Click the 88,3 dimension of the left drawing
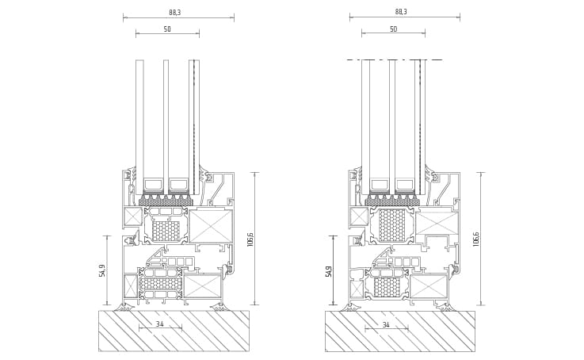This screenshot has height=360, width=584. [x=174, y=13]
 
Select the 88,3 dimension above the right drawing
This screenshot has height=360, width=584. [x=401, y=12]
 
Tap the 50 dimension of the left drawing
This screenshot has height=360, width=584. [x=167, y=29]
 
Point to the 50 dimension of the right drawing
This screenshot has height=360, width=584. [x=394, y=29]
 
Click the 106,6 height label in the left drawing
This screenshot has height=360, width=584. [x=250, y=239]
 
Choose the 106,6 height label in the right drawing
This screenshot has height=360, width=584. [x=475, y=239]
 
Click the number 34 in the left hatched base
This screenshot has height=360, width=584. [x=160, y=324]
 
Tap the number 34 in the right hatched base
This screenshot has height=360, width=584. [x=386, y=325]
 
